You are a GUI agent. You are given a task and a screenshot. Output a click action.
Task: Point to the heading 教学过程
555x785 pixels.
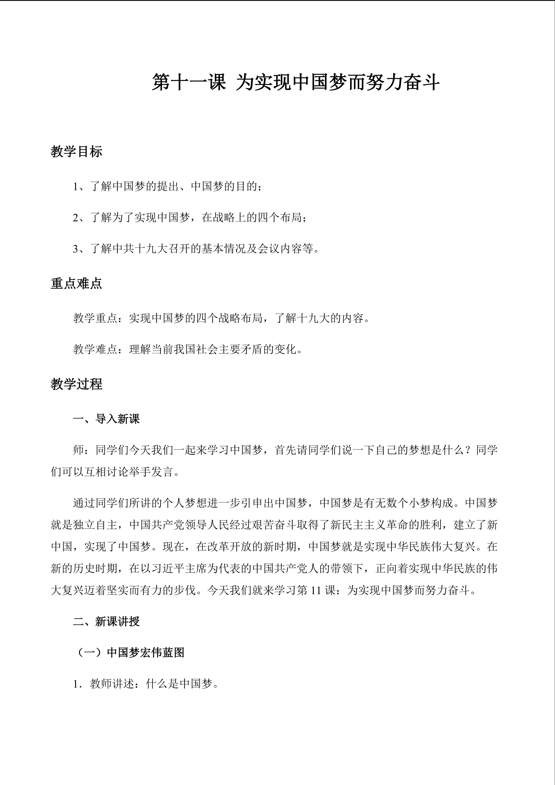[x=76, y=384]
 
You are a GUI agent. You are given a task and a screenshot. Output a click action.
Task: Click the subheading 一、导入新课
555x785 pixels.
[x=106, y=419]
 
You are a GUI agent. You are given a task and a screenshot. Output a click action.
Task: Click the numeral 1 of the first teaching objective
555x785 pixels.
[x=76, y=187]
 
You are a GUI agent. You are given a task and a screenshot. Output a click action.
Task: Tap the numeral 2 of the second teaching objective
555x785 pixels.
[x=76, y=218]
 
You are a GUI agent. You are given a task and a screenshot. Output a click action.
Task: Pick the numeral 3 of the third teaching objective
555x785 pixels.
[x=76, y=249]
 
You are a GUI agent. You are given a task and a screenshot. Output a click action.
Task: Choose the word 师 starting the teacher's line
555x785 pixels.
[x=79, y=450]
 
